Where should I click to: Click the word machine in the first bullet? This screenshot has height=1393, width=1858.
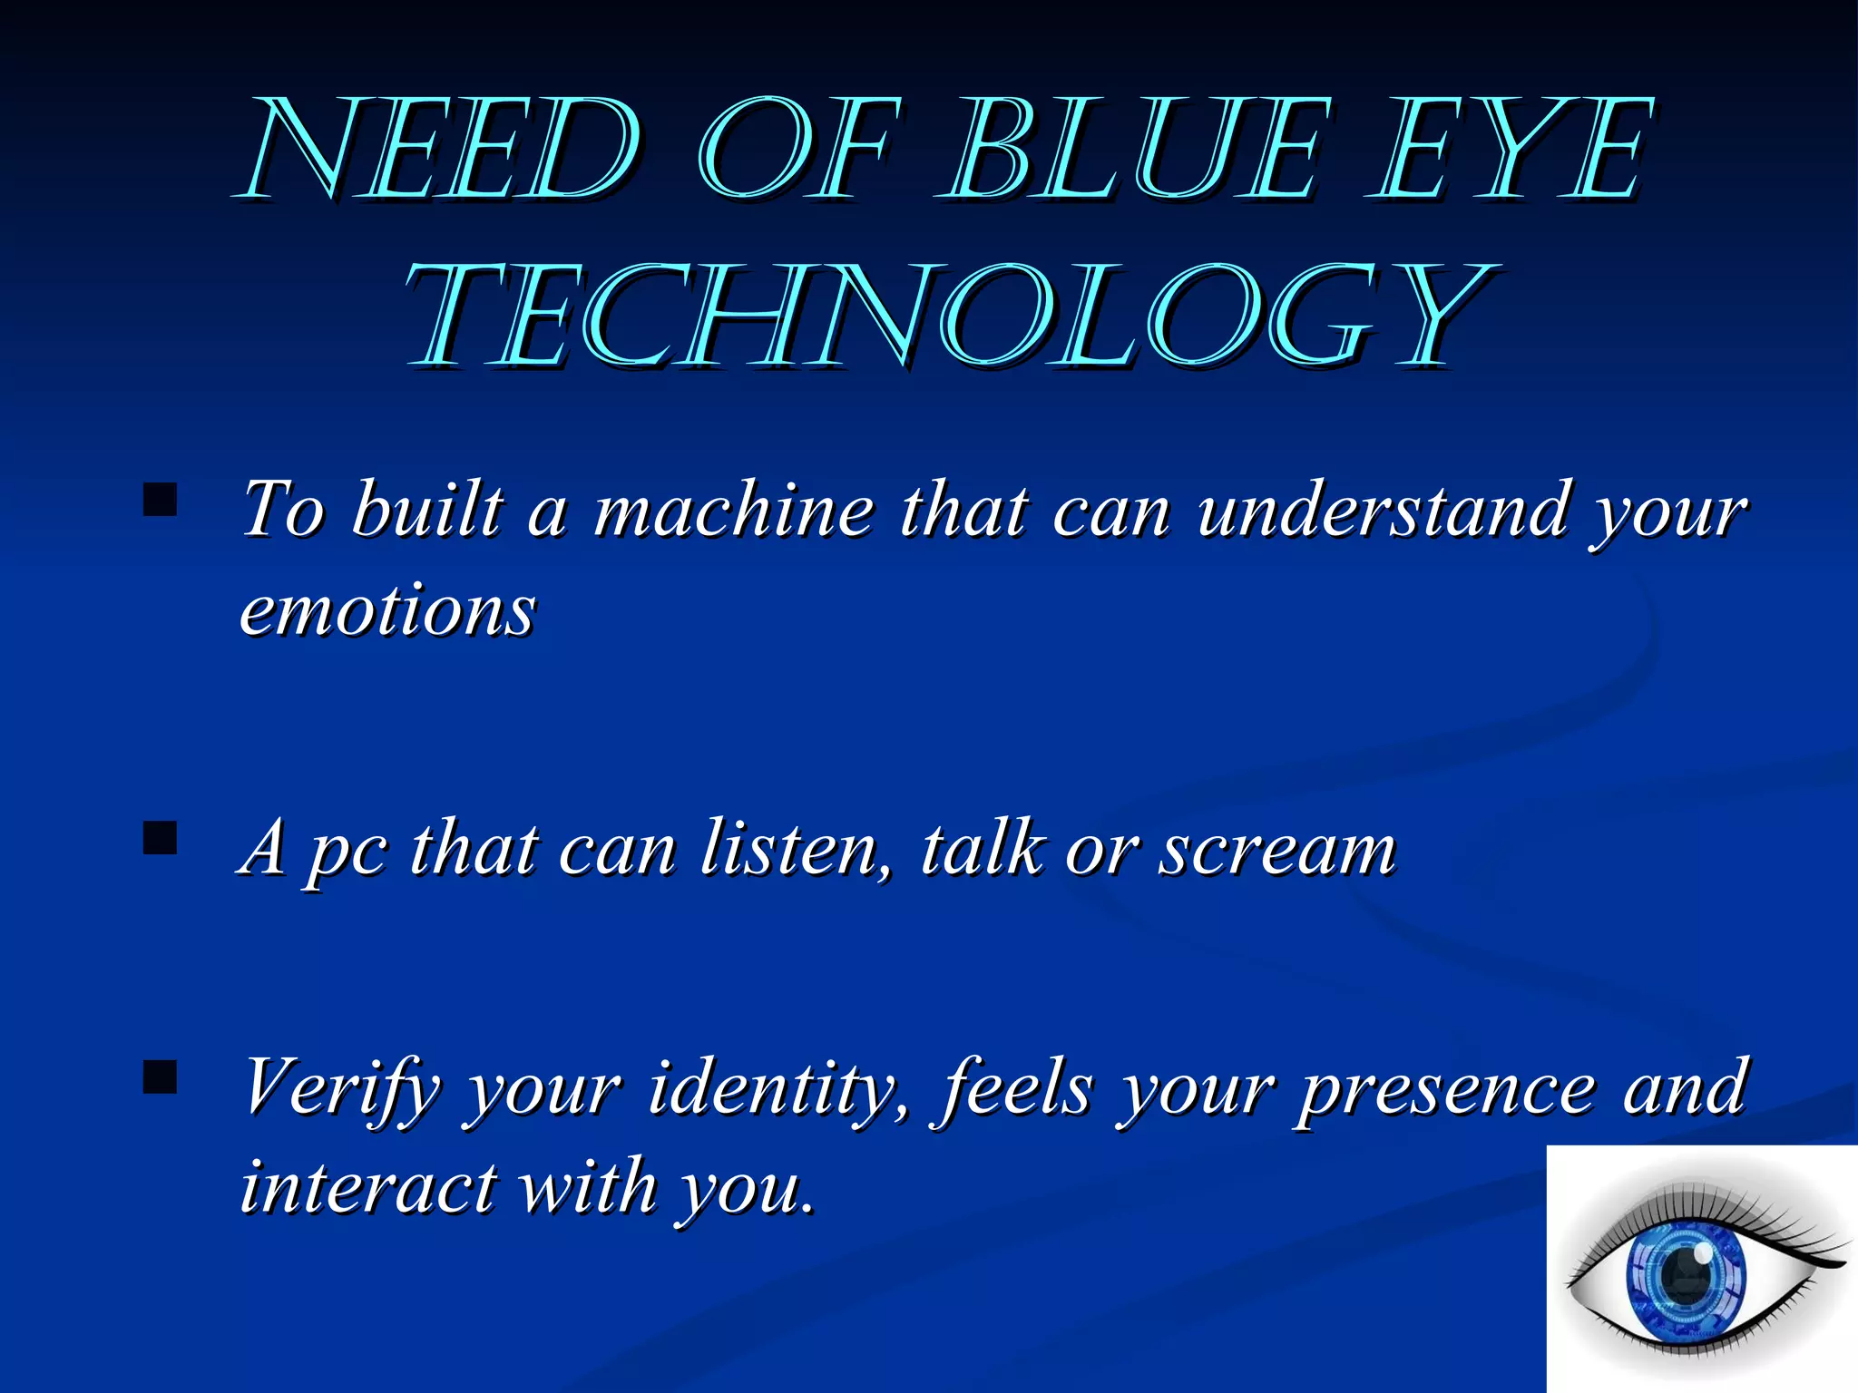coord(733,510)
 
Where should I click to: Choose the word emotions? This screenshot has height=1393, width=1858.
coord(388,609)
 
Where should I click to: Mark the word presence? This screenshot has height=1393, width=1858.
coord(1446,1088)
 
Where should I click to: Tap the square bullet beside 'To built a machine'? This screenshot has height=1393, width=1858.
coord(161,500)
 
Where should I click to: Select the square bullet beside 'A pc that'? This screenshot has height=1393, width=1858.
coord(161,839)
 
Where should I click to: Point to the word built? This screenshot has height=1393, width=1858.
coord(426,510)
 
